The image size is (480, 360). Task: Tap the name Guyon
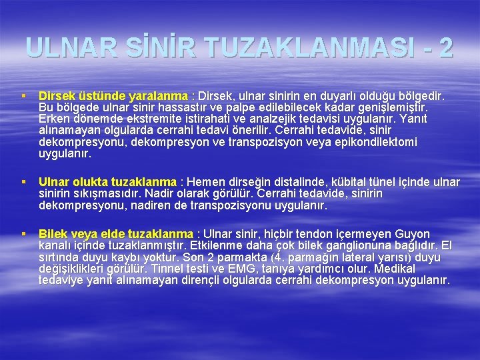tap(414, 234)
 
